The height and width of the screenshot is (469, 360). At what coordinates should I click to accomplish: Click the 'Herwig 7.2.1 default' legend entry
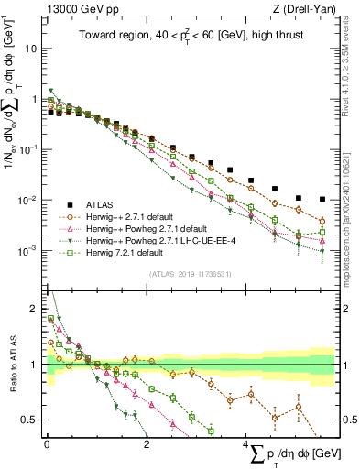click(127, 252)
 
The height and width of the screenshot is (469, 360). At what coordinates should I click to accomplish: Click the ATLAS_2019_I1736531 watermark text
click(190, 274)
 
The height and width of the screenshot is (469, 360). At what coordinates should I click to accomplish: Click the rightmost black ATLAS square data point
click(322, 199)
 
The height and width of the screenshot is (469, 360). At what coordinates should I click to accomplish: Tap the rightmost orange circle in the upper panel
click(322, 222)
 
